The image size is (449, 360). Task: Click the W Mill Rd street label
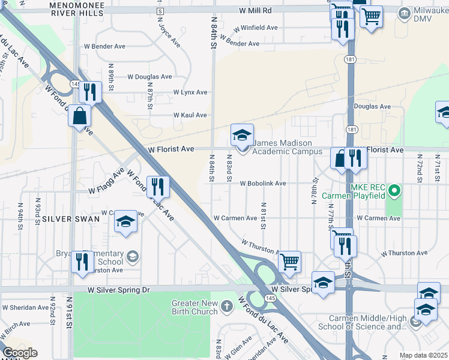(255, 11)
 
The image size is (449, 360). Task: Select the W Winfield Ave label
(256, 28)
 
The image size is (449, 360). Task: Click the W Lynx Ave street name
(190, 92)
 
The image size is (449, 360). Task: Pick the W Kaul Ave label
(190, 115)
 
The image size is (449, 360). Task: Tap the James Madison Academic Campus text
(283, 147)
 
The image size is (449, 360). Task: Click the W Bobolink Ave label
(263, 184)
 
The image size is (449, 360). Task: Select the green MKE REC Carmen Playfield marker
(394, 192)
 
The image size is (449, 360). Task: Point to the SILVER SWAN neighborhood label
(66, 219)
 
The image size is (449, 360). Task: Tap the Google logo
(20, 353)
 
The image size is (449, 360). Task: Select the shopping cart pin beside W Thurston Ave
(290, 261)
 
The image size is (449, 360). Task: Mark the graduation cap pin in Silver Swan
(126, 223)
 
